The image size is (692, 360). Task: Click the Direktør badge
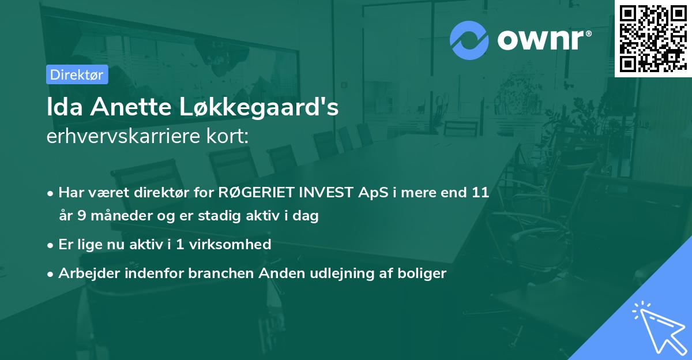(x=77, y=74)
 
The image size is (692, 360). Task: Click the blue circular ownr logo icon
(x=469, y=40)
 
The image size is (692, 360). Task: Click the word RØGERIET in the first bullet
(x=250, y=193)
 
